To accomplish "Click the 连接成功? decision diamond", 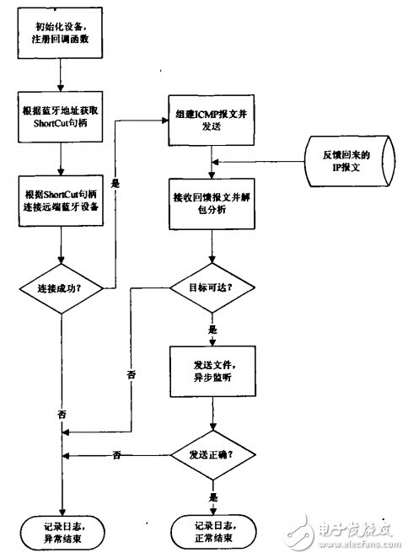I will (x=61, y=287).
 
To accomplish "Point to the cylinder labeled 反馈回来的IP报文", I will (x=346, y=162).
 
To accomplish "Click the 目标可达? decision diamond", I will (x=212, y=287).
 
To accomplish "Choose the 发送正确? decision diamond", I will (x=212, y=455).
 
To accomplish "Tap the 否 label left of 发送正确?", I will (x=117, y=456).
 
